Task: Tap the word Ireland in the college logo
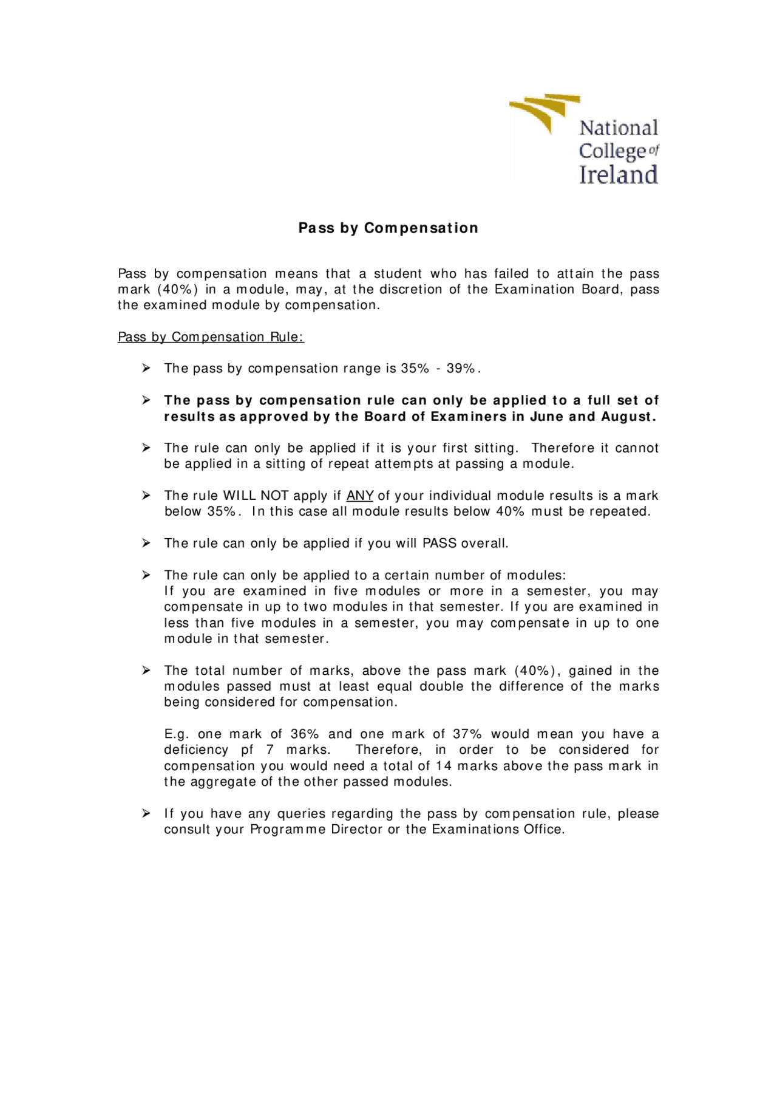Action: [x=618, y=175]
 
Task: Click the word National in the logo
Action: [x=619, y=128]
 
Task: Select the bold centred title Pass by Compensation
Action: [x=388, y=228]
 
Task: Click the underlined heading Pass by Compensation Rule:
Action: [x=211, y=337]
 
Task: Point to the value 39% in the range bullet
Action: [x=461, y=369]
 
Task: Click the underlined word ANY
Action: [x=360, y=496]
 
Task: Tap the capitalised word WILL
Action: [x=240, y=496]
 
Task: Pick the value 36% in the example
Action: [x=305, y=734]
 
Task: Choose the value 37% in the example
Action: [x=467, y=734]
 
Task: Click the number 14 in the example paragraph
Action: [x=444, y=766]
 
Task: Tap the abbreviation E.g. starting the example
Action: [x=177, y=734]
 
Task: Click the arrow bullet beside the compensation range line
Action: [x=146, y=368]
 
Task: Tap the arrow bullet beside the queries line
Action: [x=146, y=813]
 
